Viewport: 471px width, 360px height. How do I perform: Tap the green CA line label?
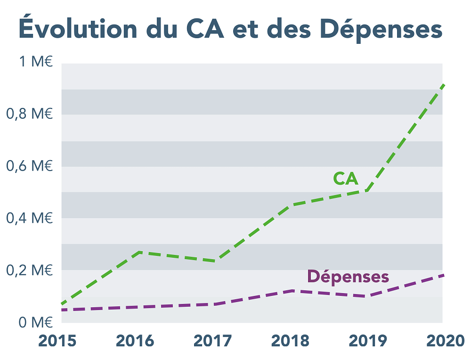[346, 179]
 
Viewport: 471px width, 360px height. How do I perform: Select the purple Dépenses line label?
[348, 277]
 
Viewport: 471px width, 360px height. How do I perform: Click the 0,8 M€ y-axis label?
[29, 114]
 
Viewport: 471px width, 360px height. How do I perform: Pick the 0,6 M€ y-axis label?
[29, 166]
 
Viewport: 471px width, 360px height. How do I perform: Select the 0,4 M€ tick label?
[29, 218]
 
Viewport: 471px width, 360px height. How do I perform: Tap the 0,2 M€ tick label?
[29, 270]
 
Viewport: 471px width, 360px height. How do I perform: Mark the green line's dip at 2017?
[215, 261]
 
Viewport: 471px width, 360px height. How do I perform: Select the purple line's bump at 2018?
[292, 291]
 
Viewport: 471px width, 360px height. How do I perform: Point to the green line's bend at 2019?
[367, 190]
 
